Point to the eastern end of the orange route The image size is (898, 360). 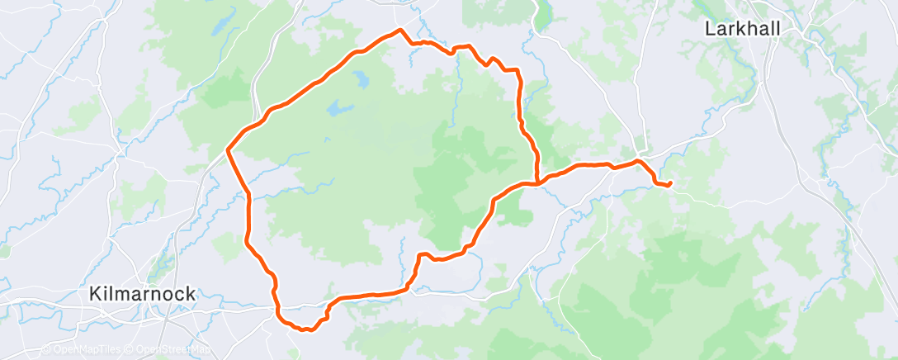[x=670, y=182]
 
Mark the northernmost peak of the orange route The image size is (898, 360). [x=400, y=30]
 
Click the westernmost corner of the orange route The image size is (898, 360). [x=228, y=149]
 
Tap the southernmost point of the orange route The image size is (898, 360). [x=307, y=330]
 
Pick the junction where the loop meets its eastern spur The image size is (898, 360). [x=537, y=182]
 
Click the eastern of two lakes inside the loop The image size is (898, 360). [x=361, y=80]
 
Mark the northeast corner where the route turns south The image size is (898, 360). [x=518, y=70]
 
